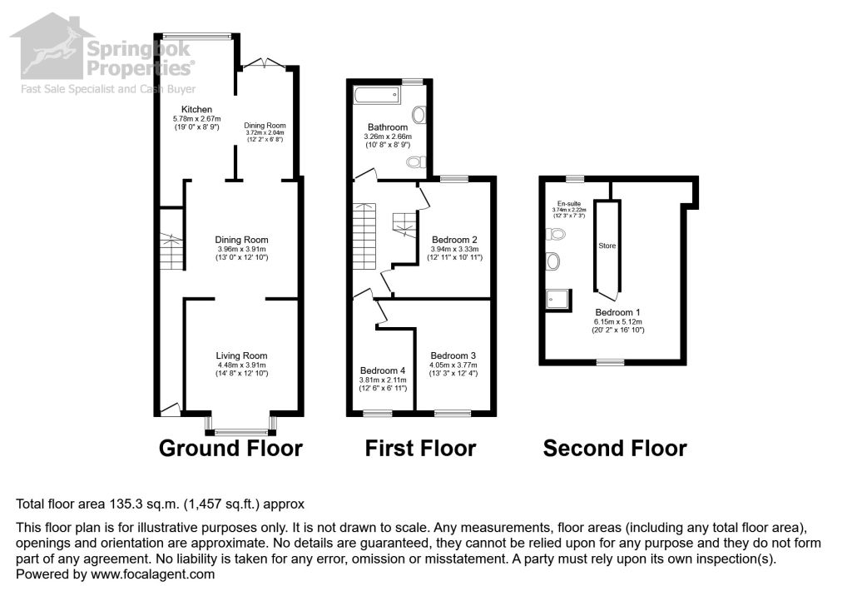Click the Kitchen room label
click(197, 110)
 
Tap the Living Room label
click(241, 355)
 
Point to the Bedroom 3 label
click(453, 355)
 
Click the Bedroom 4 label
click(383, 371)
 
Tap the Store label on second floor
click(607, 246)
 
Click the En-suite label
click(570, 203)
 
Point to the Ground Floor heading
click(230, 449)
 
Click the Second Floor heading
click(615, 449)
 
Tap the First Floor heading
click(420, 449)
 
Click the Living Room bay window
click(241, 430)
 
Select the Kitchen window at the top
click(197, 35)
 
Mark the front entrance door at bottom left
click(170, 409)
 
